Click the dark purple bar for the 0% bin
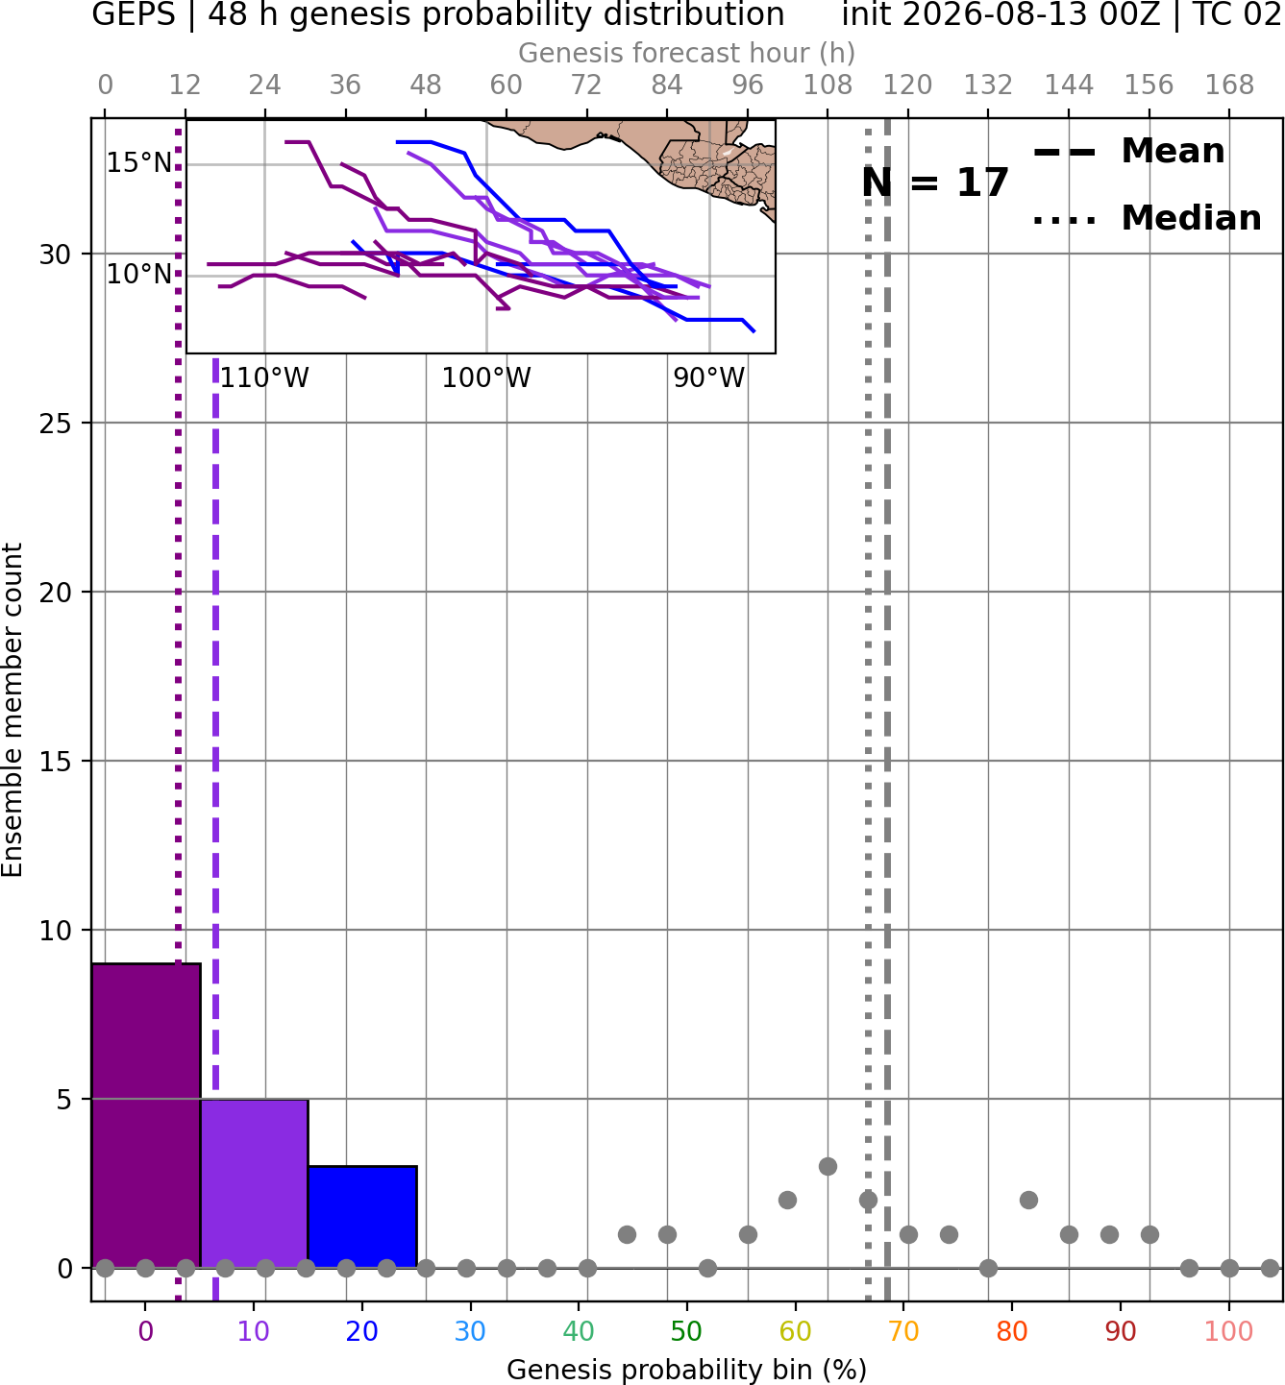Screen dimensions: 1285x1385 tap(146, 1116)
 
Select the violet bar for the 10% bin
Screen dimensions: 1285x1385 tap(254, 1183)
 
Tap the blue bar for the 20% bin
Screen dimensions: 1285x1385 tap(362, 1217)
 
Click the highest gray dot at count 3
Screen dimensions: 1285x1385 tap(828, 1166)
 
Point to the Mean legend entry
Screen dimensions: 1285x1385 tap(1128, 152)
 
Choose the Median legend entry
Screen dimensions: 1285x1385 tap(1147, 218)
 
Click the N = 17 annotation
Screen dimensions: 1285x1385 tap(935, 182)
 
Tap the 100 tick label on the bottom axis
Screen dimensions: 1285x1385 tap(1229, 1332)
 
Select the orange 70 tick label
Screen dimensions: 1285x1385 tap(903, 1332)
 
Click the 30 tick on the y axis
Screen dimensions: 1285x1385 tap(55, 255)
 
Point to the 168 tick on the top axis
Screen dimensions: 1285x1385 tap(1229, 85)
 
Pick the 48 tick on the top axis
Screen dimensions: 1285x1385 tap(426, 85)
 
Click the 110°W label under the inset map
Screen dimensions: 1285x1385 tap(264, 378)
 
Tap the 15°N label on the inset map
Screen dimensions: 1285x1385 tap(139, 163)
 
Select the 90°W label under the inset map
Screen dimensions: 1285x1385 tap(709, 378)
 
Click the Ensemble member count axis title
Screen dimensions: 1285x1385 tap(12, 710)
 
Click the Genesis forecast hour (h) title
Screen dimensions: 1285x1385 tap(687, 53)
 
